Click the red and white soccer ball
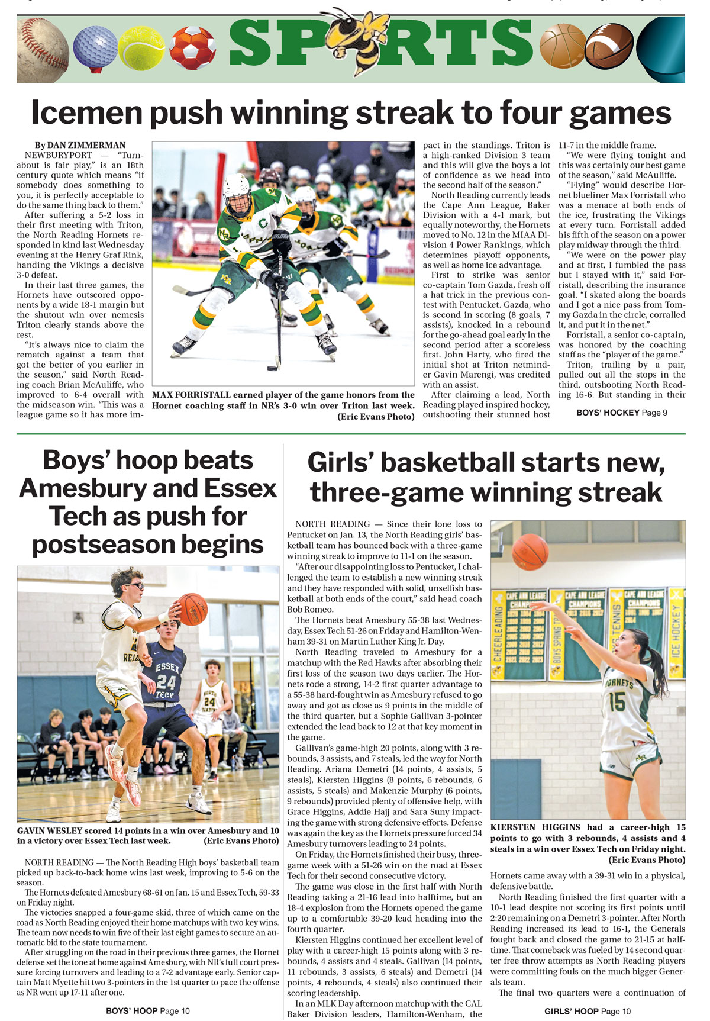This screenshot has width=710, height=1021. [192, 47]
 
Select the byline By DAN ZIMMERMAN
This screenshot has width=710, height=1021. [80, 145]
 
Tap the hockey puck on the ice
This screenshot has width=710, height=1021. [272, 368]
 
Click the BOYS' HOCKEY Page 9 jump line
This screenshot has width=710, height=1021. [621, 413]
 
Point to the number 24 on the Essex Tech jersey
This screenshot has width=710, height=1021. [167, 682]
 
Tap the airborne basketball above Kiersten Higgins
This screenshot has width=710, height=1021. [530, 552]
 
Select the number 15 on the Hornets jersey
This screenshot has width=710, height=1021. [617, 702]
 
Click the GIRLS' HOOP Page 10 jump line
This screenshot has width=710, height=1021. [588, 1011]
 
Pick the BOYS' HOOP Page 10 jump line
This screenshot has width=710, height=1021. [148, 1011]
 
